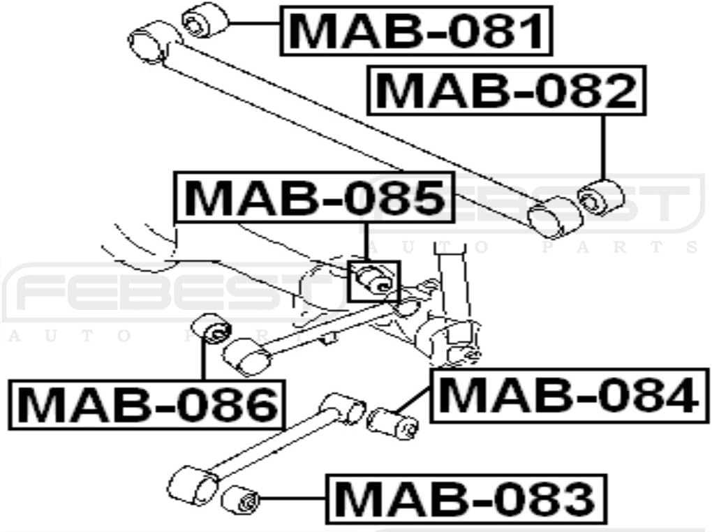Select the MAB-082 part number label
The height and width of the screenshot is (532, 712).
click(x=507, y=90)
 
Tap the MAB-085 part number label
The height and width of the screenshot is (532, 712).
click(x=314, y=198)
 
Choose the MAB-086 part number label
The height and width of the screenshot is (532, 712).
click(x=147, y=404)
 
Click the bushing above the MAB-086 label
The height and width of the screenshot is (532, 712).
click(x=211, y=328)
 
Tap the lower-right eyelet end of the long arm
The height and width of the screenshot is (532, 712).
click(x=555, y=215)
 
